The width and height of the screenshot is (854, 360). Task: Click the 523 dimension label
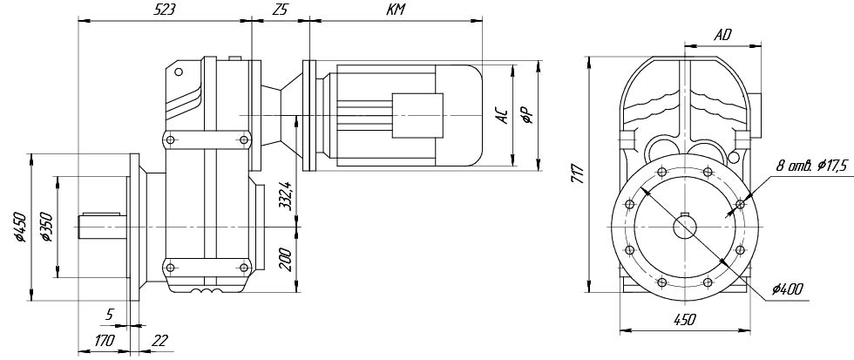pyautogui.click(x=164, y=10)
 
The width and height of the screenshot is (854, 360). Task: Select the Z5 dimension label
pyautogui.click(x=280, y=10)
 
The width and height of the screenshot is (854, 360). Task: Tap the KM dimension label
pyautogui.click(x=396, y=10)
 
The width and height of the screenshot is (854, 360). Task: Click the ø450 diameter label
pyautogui.click(x=20, y=227)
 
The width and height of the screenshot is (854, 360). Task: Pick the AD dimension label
pyautogui.click(x=722, y=36)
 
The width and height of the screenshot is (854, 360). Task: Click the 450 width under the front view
pyautogui.click(x=685, y=320)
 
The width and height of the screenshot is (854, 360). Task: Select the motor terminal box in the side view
pyautogui.click(x=416, y=113)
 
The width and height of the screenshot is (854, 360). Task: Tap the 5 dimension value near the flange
pyautogui.click(x=110, y=311)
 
